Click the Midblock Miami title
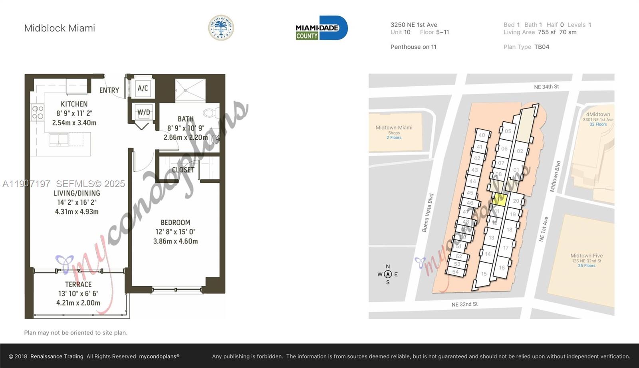pyautogui.click(x=60, y=28)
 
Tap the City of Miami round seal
pyautogui.click(x=221, y=28)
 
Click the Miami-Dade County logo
pyautogui.click(x=321, y=28)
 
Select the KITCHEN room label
pyautogui.click(x=74, y=104)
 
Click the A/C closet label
pyautogui.click(x=143, y=88)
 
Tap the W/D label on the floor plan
pyautogui.click(x=143, y=113)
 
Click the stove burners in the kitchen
pyautogui.click(x=38, y=112)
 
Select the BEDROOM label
pyautogui.click(x=175, y=223)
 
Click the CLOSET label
pyautogui.click(x=183, y=170)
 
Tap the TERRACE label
pyautogui.click(x=78, y=285)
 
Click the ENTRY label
pyautogui.click(x=109, y=90)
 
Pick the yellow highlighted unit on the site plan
pyautogui.click(x=500, y=199)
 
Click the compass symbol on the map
pyautogui.click(x=387, y=274)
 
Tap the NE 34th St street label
pyautogui.click(x=546, y=87)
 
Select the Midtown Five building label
pyautogui.click(x=586, y=256)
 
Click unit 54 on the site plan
pyautogui.click(x=455, y=272)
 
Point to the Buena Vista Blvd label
pyautogui.click(x=428, y=213)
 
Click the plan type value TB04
pyautogui.click(x=542, y=47)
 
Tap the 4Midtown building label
pyautogui.click(x=598, y=115)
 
